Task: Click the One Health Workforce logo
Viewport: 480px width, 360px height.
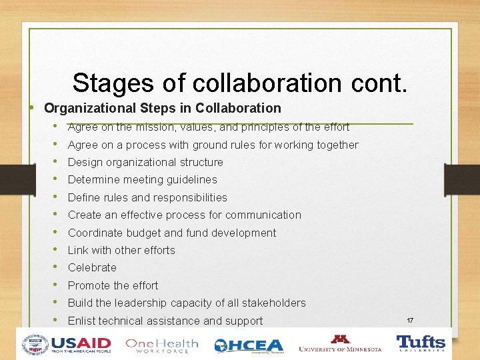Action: tap(162, 345)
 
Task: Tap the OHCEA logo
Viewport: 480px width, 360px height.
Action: tap(248, 345)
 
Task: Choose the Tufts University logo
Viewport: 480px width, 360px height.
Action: tap(421, 343)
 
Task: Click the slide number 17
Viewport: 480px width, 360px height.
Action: tap(409, 321)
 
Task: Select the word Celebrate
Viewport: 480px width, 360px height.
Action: tap(92, 267)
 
